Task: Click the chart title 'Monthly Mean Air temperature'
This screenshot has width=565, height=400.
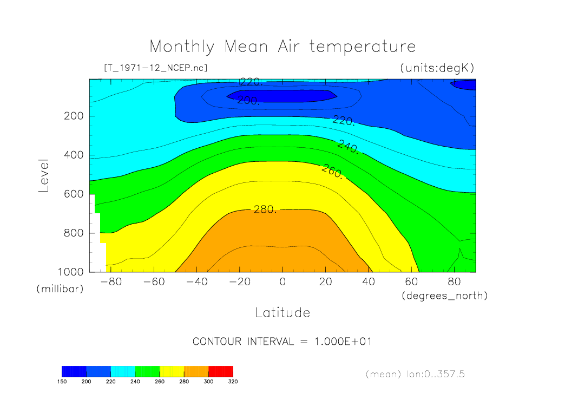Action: click(x=282, y=47)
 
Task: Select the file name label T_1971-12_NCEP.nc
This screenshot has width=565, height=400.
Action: click(x=155, y=68)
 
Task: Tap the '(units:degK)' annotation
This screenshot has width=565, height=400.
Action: click(x=437, y=68)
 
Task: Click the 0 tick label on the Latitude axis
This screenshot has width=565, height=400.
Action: click(x=282, y=282)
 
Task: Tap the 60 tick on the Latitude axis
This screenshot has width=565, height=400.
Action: click(x=411, y=282)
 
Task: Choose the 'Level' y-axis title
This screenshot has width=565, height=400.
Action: click(x=44, y=175)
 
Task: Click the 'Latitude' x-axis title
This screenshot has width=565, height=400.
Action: click(x=282, y=313)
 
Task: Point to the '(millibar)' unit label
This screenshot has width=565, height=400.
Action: click(x=60, y=289)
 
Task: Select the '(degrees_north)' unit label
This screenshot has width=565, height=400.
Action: click(x=444, y=296)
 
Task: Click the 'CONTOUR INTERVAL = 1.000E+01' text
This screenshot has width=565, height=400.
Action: click(x=282, y=342)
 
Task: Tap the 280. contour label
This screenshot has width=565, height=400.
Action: click(x=265, y=209)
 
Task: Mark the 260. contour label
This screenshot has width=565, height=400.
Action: click(x=332, y=171)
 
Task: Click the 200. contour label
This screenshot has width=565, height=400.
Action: click(x=248, y=100)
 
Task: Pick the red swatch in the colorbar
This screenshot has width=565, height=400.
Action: click(x=220, y=371)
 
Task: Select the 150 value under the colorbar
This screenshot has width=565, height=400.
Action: click(x=62, y=381)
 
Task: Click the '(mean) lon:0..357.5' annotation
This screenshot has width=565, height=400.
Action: click(x=415, y=374)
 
